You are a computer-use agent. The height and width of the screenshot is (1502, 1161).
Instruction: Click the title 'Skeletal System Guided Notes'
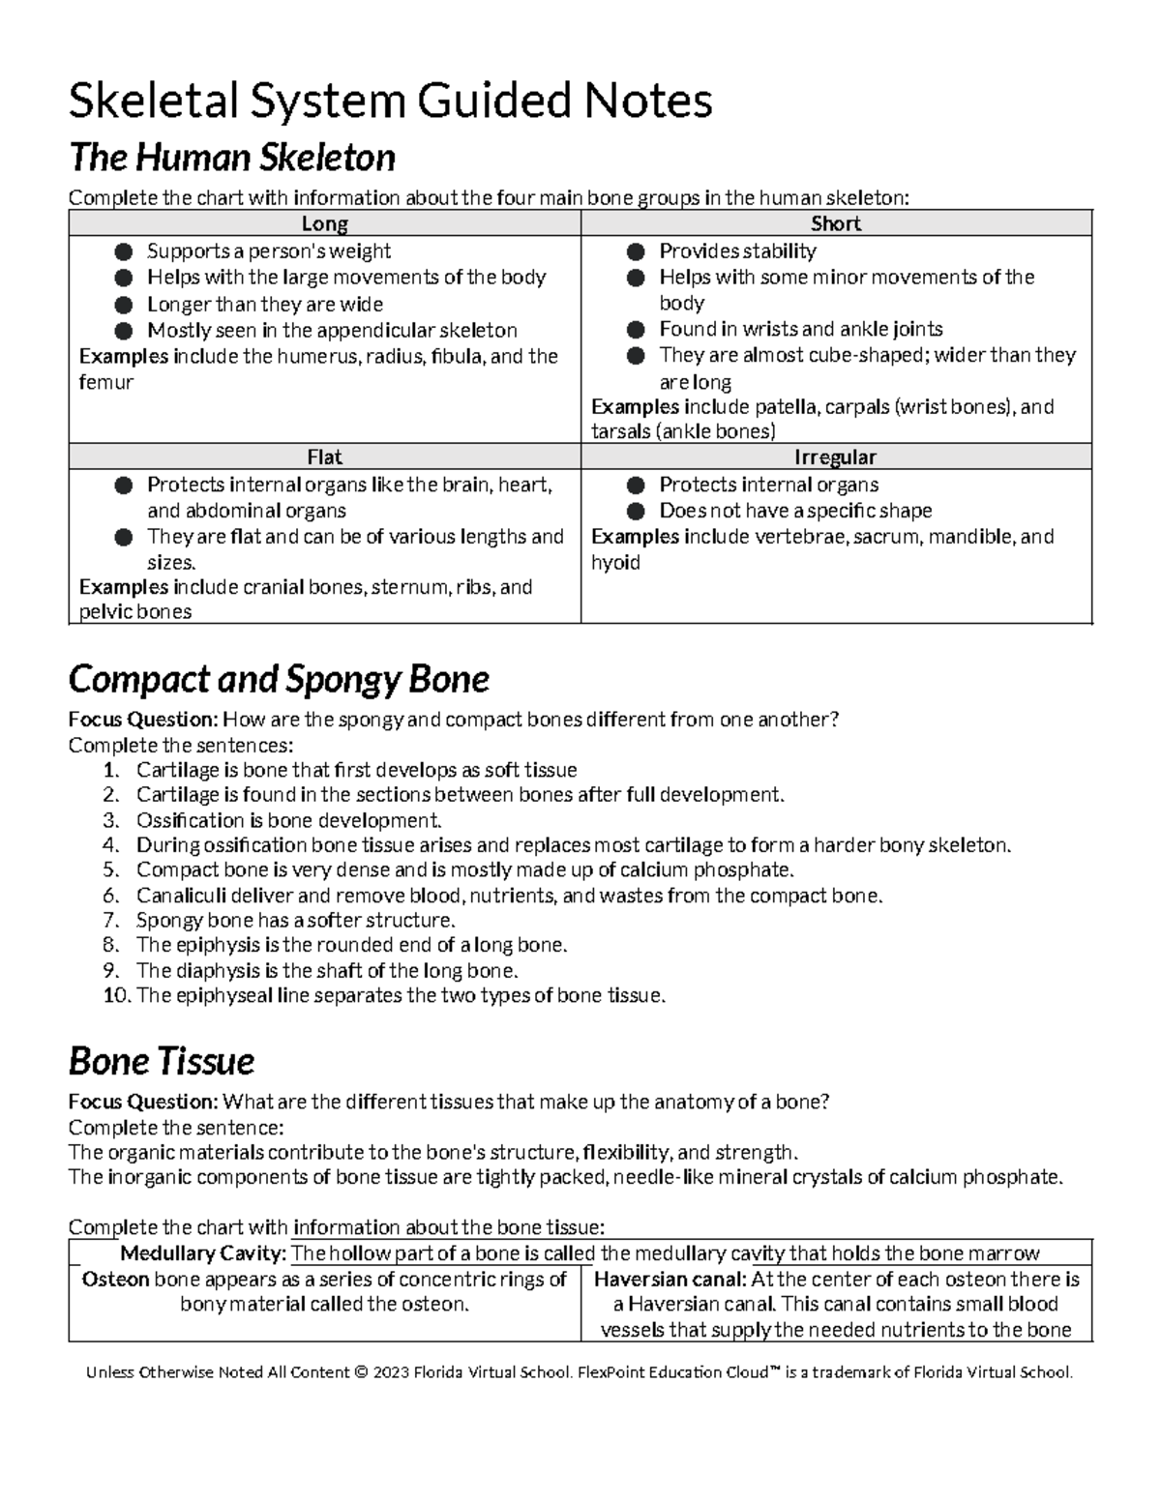[390, 102]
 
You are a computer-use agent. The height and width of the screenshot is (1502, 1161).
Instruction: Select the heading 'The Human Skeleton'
[231, 158]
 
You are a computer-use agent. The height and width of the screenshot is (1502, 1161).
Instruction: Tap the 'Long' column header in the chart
[324, 224]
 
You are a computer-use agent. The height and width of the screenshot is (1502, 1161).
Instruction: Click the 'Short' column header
[836, 224]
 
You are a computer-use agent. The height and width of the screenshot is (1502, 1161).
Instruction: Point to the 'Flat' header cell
[324, 457]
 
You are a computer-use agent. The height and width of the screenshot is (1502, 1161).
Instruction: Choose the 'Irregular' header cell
[836, 457]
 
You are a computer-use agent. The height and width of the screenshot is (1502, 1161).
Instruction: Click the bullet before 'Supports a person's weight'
[123, 252]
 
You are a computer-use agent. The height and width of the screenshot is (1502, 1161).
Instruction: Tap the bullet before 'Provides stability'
[636, 252]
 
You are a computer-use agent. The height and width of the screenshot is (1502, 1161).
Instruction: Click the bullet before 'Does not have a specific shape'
[636, 512]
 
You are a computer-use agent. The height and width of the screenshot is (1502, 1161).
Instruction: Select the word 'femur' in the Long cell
[105, 383]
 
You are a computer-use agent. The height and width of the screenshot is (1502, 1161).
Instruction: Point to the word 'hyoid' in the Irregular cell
[615, 563]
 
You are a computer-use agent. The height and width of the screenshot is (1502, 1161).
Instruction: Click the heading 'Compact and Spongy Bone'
[279, 680]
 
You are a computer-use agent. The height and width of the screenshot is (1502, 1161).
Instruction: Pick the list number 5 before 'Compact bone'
[109, 870]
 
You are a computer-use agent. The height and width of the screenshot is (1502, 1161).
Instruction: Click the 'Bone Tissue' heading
[162, 1062]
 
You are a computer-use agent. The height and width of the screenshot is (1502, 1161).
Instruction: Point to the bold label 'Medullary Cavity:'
[203, 1254]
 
